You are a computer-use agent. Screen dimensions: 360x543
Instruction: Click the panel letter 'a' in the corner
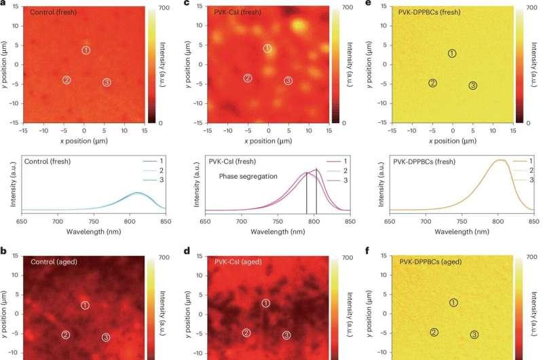(4, 4)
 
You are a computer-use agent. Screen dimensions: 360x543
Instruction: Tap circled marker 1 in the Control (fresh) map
(86, 50)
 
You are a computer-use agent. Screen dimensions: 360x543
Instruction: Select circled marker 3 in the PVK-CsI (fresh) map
(288, 81)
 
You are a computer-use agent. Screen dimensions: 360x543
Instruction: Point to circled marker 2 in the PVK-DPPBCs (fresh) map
(432, 83)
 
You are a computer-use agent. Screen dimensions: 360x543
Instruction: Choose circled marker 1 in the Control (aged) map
(85, 305)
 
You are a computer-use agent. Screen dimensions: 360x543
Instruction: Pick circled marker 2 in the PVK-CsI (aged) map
(246, 332)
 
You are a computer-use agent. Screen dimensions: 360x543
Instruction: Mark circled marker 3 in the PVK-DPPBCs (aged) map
(474, 334)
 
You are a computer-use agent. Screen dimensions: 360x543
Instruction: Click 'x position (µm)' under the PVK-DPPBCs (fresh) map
(453, 141)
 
